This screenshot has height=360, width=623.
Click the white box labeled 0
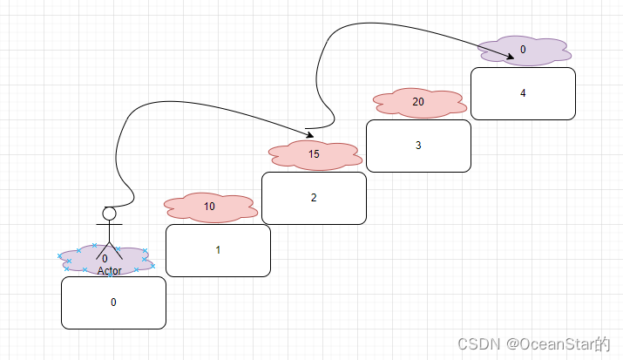tap(113, 302)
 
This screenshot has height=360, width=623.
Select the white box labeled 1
tap(218, 250)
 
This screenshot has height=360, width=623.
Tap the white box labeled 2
tap(314, 198)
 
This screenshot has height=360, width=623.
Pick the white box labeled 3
tap(418, 146)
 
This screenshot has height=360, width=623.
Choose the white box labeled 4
tap(523, 93)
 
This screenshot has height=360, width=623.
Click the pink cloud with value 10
tap(210, 207)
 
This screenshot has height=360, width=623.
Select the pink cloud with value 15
tap(315, 155)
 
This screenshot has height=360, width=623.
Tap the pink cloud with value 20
tap(418, 102)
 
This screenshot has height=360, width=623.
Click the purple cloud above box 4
tap(524, 51)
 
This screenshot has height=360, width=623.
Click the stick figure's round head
tap(109, 214)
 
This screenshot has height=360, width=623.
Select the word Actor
tap(109, 271)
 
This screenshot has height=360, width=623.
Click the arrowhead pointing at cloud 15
tap(309, 136)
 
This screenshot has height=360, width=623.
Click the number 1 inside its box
tap(218, 250)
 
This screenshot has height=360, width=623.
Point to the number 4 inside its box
tap(523, 93)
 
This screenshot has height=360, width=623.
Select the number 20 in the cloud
tap(418, 102)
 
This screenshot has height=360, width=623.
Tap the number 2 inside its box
tap(314, 198)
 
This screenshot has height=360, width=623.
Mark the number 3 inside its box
tap(418, 146)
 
